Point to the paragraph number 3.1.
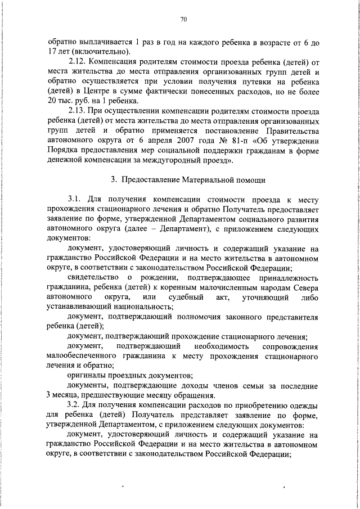[x=75, y=200]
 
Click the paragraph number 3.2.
[x=75, y=405]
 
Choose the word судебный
[x=184, y=296]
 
